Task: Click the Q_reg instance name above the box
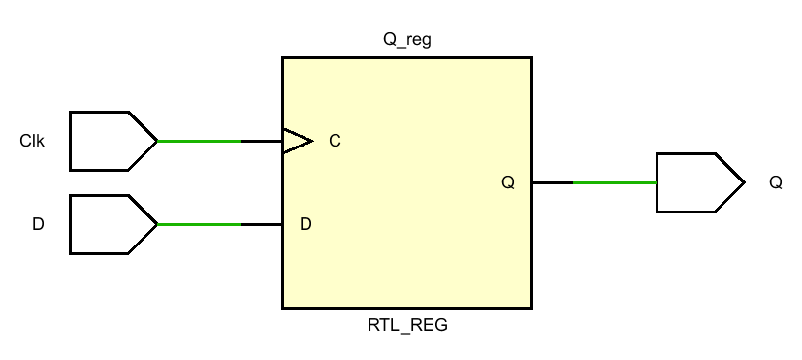click(x=407, y=41)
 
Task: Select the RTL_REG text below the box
click(x=407, y=325)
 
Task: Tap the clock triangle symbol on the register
click(x=297, y=142)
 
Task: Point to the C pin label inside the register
click(x=335, y=142)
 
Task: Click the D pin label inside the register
click(x=305, y=224)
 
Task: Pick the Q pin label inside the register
click(x=508, y=182)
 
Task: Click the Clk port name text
click(x=32, y=142)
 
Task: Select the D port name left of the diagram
click(x=38, y=224)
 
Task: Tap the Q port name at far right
click(x=775, y=182)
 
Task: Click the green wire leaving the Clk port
click(x=199, y=142)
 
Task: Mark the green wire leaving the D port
click(x=199, y=224)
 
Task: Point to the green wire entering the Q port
click(x=615, y=182)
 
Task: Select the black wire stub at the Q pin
click(x=553, y=182)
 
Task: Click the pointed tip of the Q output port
click(x=742, y=182)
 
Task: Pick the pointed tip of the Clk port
click(x=155, y=142)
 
